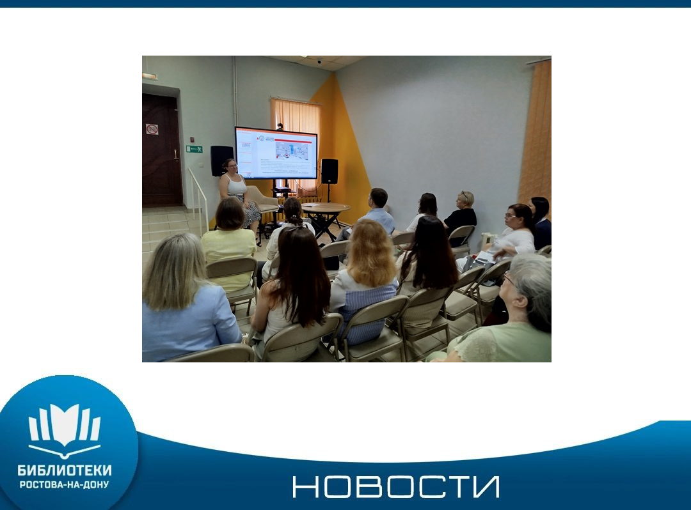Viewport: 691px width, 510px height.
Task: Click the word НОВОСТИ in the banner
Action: [x=396, y=487]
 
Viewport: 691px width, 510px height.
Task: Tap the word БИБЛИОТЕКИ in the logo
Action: [x=65, y=470]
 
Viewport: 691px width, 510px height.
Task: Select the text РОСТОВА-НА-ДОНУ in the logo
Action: [x=65, y=484]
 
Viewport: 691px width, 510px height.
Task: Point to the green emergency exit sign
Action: [x=195, y=149]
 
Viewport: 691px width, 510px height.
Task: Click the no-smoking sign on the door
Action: [x=152, y=129]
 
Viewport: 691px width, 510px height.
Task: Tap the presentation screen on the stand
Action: [x=276, y=153]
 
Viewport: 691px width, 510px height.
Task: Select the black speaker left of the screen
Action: [x=221, y=160]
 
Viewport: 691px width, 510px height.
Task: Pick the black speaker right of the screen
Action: [x=330, y=171]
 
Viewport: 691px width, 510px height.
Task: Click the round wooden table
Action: [x=325, y=208]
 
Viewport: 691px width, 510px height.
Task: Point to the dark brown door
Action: [x=162, y=150]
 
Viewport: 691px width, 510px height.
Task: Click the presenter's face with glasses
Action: [x=232, y=166]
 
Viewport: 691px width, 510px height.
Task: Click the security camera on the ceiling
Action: [x=319, y=61]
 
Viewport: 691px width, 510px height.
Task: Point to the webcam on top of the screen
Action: [x=280, y=127]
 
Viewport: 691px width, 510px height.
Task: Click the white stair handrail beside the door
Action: [x=198, y=199]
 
